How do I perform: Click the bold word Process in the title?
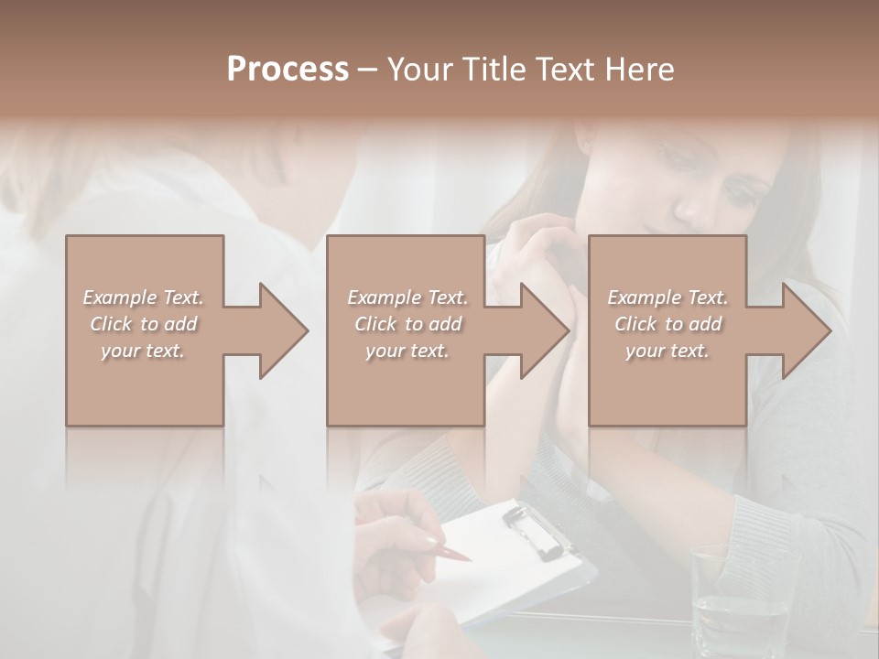click(x=288, y=70)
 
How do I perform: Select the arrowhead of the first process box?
click(x=278, y=330)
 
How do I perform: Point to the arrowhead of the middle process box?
click(x=539, y=330)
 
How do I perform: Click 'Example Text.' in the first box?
click(x=143, y=297)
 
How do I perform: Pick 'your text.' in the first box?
click(x=143, y=351)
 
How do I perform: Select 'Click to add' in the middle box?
click(x=407, y=324)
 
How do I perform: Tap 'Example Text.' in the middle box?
click(x=407, y=297)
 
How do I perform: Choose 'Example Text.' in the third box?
click(x=667, y=297)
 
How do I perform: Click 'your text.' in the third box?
click(x=667, y=351)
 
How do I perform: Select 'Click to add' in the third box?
click(x=667, y=324)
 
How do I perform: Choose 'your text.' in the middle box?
click(x=407, y=351)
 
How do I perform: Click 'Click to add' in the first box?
click(x=143, y=324)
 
